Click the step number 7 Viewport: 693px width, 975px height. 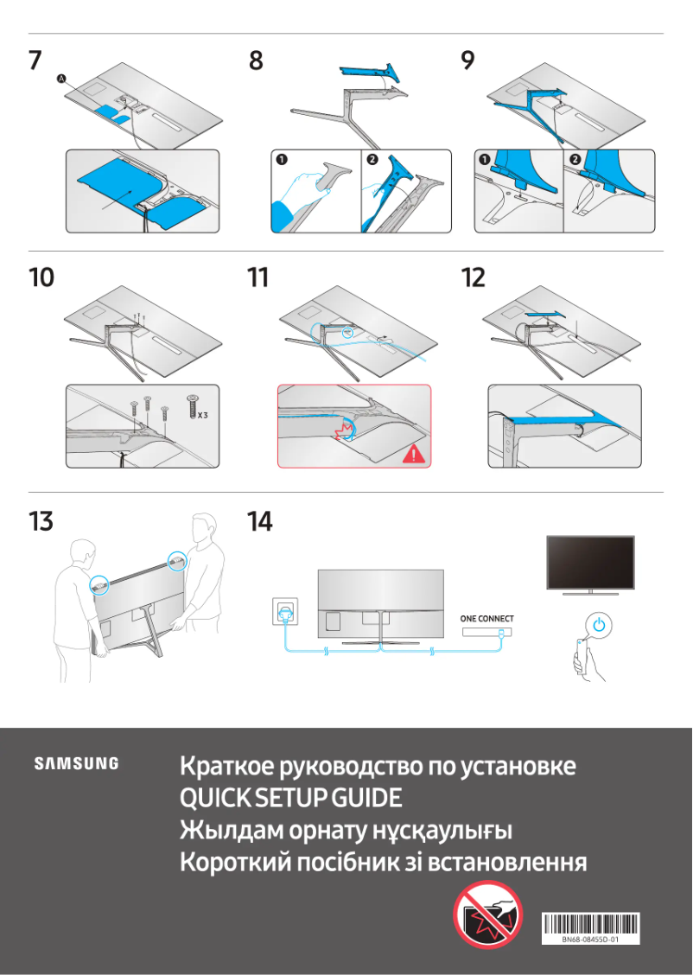35,61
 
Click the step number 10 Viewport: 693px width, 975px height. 41,278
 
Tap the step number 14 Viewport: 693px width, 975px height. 259,522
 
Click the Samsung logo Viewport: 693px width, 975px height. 76,763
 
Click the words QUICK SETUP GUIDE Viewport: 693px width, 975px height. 290,799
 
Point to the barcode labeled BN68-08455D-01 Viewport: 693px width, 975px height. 591,927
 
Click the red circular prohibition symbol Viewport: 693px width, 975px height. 488,915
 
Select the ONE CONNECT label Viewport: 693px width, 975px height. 486,619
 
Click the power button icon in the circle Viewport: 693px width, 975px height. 602,624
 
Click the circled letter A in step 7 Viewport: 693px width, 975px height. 61,79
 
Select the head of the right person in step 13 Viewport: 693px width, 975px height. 203,527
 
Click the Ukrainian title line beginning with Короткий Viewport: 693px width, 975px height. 383,863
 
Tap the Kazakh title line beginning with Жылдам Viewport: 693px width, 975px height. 346,831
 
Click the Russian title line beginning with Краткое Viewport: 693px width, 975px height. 378,767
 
